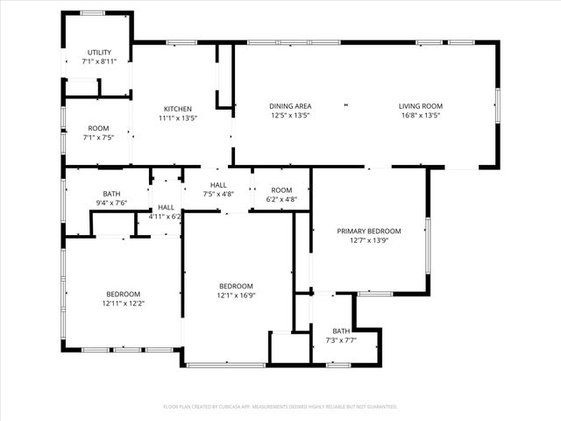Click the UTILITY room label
[97, 54]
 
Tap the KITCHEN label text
[177, 109]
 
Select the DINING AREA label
[290, 106]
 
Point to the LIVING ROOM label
[419, 106]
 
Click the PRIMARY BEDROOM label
[369, 232]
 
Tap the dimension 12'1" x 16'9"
[236, 296]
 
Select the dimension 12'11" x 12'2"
[123, 303]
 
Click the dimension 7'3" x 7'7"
[341, 340]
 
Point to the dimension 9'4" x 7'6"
[111, 203]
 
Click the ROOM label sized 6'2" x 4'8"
[281, 190]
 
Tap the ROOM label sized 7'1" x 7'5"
[98, 129]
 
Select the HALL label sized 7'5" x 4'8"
[218, 185]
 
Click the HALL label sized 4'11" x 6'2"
[166, 207]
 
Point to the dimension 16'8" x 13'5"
[419, 115]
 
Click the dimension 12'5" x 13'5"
[290, 115]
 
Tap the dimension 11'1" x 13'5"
[177, 118]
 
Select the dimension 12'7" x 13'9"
[369, 240]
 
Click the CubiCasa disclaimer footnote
[280, 407]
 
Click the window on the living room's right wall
[497, 105]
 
